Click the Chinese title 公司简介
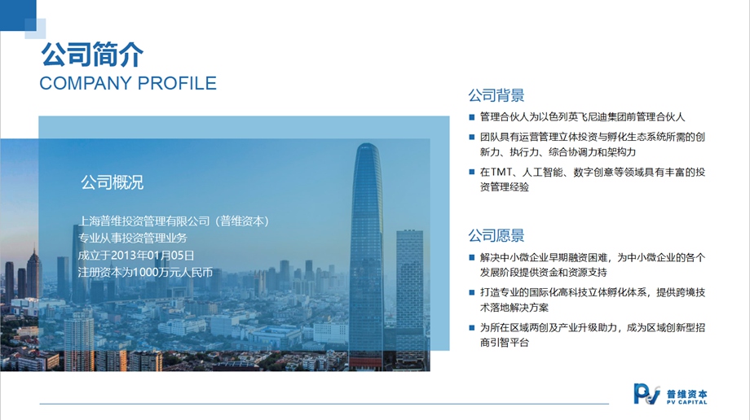click(x=92, y=54)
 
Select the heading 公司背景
click(x=496, y=95)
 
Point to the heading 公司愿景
click(x=496, y=235)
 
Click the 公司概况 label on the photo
click(x=112, y=182)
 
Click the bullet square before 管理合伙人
click(x=472, y=117)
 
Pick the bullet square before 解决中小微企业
click(x=472, y=257)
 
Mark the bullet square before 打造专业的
click(x=472, y=292)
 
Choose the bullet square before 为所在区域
click(x=472, y=328)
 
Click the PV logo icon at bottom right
click(x=646, y=394)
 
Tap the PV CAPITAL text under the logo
click(x=687, y=402)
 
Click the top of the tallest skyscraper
click(x=368, y=144)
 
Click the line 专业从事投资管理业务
click(x=133, y=238)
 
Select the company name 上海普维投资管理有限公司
click(x=144, y=221)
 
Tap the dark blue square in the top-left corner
click(x=18, y=15)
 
